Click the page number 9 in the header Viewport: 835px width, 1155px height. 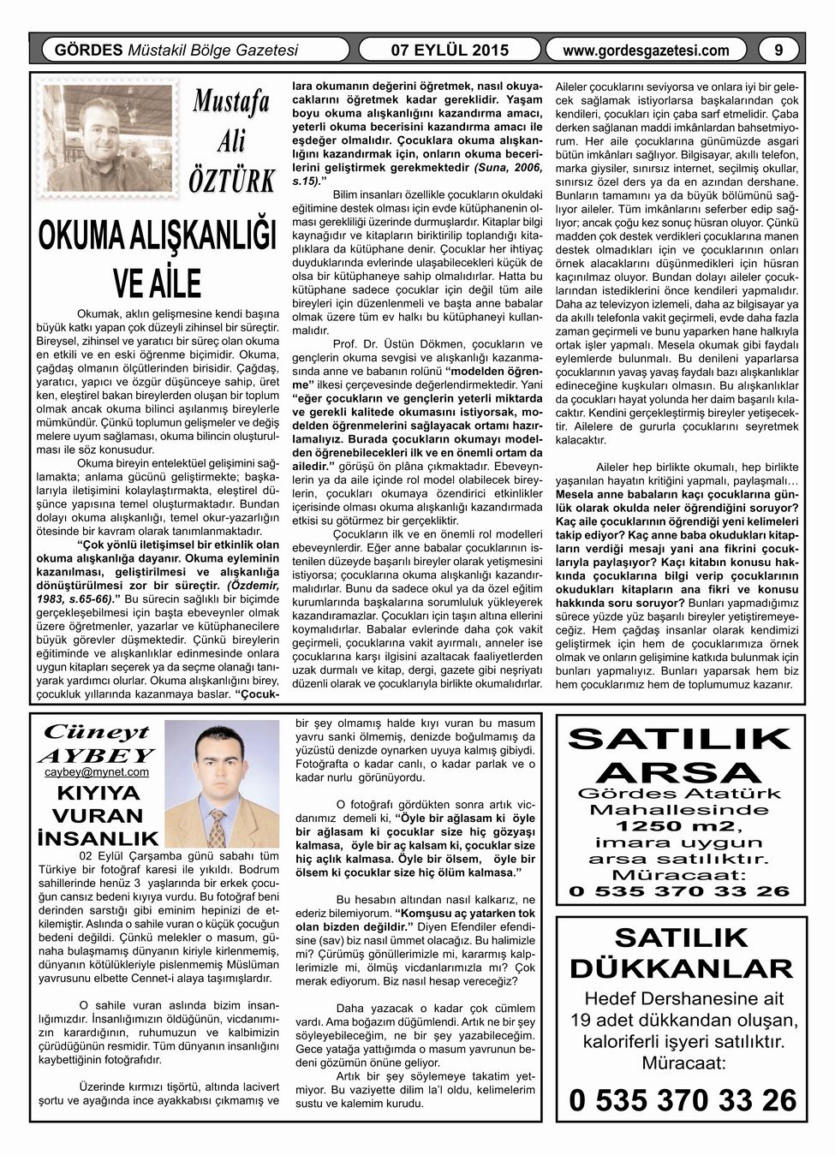click(x=778, y=50)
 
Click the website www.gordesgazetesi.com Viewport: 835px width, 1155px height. click(x=647, y=51)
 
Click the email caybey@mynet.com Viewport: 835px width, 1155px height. click(x=96, y=771)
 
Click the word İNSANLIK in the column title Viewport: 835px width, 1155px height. click(x=97, y=836)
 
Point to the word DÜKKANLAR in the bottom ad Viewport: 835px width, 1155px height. click(x=681, y=969)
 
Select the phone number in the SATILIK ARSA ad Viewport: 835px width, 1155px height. click(x=680, y=891)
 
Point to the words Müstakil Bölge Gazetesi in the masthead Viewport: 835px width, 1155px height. click(x=212, y=51)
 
